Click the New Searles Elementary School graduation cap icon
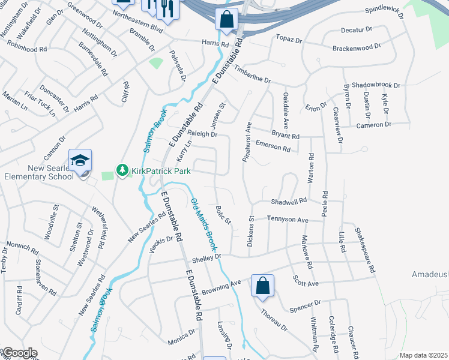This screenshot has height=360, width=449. tap(80, 161)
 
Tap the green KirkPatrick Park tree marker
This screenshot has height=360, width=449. tap(122, 171)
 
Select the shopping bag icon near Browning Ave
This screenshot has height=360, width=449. tap(263, 286)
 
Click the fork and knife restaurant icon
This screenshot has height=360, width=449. tap(166, 8)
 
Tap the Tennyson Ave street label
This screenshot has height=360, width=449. tap(288, 220)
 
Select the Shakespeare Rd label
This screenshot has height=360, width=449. tap(364, 251)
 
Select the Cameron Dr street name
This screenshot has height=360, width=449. tap(373, 125)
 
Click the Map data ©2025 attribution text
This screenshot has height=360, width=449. tap(423, 355)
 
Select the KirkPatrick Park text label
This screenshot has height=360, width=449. tap(160, 171)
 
